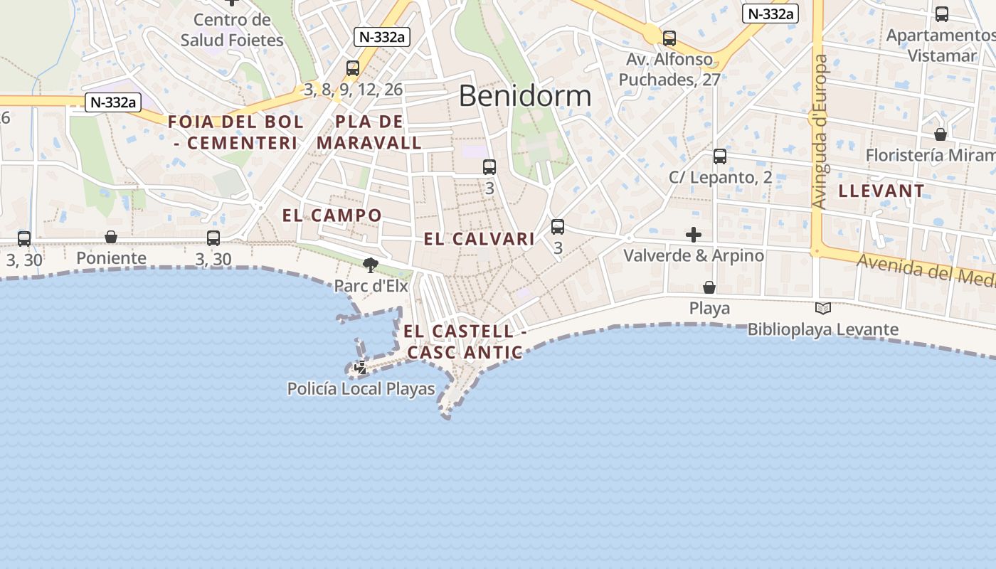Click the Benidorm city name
pyautogui.click(x=524, y=95)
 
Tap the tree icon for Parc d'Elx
pyautogui.click(x=370, y=265)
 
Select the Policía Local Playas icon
pyautogui.click(x=361, y=367)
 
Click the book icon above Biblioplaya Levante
pyautogui.click(x=823, y=308)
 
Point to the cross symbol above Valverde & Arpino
pyautogui.click(x=694, y=235)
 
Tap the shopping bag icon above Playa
pyautogui.click(x=709, y=287)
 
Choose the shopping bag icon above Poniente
pyautogui.click(x=111, y=237)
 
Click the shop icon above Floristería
pyautogui.click(x=941, y=134)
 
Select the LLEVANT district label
pyautogui.click(x=881, y=191)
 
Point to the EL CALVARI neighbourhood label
pyautogui.click(x=479, y=239)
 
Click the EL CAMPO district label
pyautogui.click(x=332, y=215)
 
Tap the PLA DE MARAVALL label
pyautogui.click(x=369, y=132)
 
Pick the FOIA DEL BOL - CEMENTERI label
pyautogui.click(x=235, y=132)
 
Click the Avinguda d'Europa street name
pyautogui.click(x=821, y=132)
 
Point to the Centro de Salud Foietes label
pyautogui.click(x=232, y=30)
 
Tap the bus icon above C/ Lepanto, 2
pyautogui.click(x=720, y=156)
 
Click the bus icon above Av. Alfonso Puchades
pyautogui.click(x=669, y=38)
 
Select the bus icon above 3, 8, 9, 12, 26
pyautogui.click(x=353, y=68)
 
